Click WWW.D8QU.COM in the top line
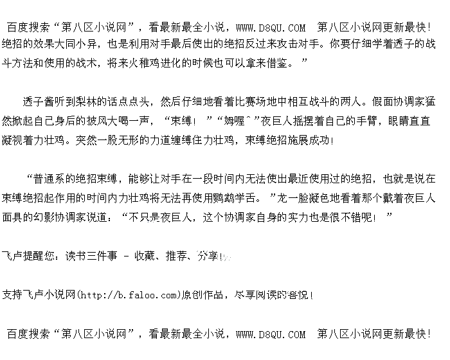271,28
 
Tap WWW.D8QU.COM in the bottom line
271,334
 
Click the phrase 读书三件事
91,256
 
